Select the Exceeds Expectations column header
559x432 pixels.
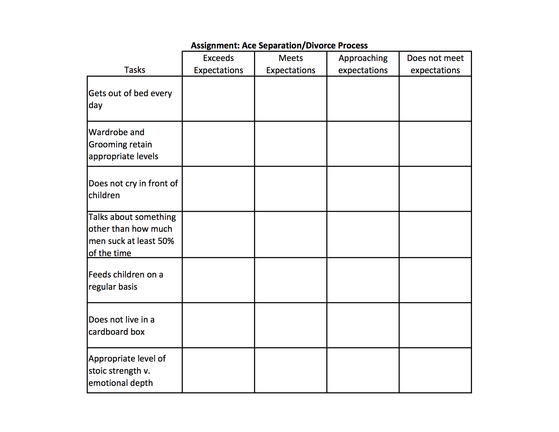pos(219,64)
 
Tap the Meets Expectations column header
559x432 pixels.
pos(291,64)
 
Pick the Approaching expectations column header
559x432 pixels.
pos(363,64)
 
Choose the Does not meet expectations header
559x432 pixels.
pos(435,64)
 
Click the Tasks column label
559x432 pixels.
pos(134,70)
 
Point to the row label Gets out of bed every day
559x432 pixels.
pos(130,99)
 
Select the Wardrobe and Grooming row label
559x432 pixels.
pos(123,144)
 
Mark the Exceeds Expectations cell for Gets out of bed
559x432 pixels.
pos(219,99)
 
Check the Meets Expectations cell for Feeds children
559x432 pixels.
pos(291,280)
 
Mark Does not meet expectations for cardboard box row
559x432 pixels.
pos(435,325)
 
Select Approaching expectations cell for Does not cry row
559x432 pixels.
pos(363,189)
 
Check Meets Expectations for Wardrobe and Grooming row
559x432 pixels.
pos(291,144)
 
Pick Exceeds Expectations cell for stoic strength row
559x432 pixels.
pos(219,370)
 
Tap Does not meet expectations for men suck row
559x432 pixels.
pos(435,234)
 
